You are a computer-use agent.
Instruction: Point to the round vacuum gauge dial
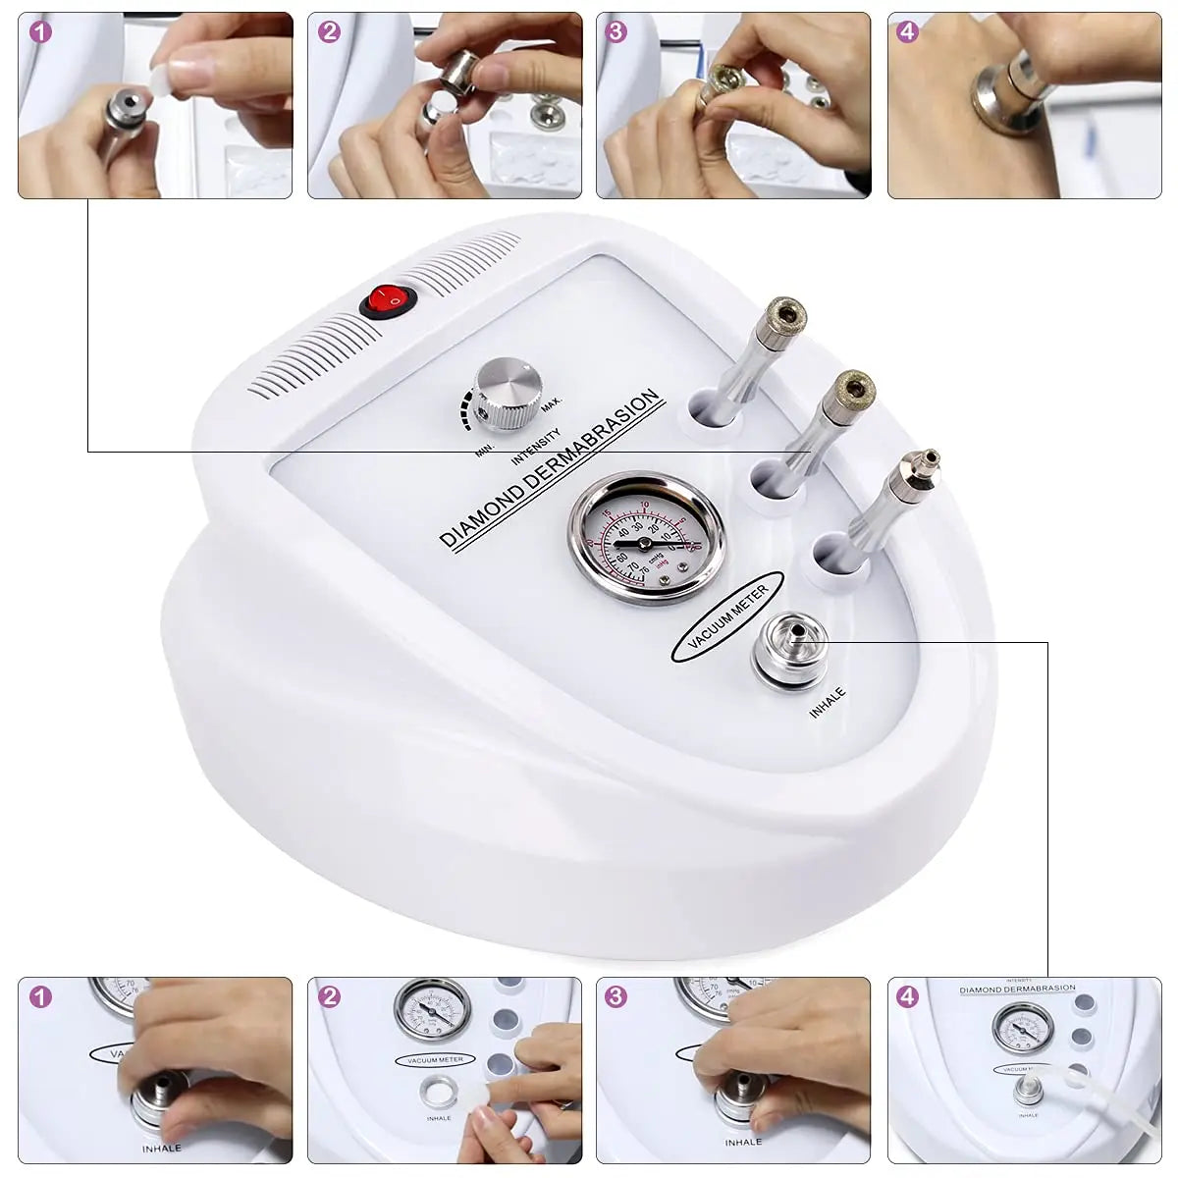click(x=635, y=538)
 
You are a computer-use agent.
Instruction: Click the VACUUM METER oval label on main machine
click(x=727, y=616)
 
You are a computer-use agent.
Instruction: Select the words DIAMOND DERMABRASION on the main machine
click(x=549, y=468)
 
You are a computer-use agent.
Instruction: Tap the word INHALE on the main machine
click(x=828, y=704)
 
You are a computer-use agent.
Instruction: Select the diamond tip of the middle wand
click(x=847, y=390)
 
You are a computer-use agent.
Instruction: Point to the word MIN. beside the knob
click(x=484, y=450)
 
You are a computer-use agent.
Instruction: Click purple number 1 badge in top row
click(x=39, y=31)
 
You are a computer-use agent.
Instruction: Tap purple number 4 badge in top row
click(x=907, y=31)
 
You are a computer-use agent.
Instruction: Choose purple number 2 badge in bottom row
click(x=329, y=997)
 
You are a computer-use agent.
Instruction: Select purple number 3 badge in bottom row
click(x=616, y=997)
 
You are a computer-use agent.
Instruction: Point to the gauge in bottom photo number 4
click(x=1021, y=1027)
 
